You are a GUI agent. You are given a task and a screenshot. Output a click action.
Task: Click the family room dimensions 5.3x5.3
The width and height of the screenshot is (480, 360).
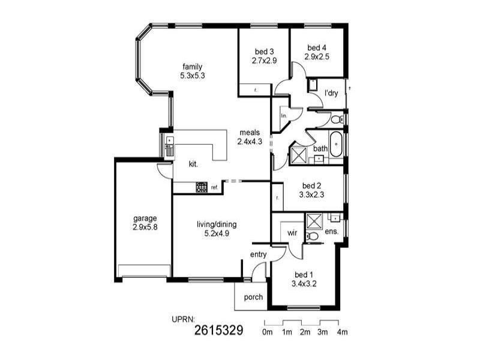pos(193,76)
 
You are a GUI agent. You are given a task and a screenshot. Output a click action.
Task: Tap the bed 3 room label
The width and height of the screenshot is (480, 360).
pos(263,51)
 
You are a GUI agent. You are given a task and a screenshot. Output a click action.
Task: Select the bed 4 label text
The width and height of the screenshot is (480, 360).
pos(317,47)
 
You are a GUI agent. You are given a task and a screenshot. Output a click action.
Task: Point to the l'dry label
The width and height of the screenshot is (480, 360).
pos(331,93)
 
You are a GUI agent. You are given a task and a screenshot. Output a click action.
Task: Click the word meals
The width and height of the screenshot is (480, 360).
pos(250,133)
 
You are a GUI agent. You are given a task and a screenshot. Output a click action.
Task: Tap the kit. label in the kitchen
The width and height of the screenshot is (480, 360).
pos(193,163)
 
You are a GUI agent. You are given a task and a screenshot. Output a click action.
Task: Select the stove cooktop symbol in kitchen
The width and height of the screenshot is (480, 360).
pos(201,188)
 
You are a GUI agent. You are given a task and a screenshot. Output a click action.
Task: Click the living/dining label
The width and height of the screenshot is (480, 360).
pos(217,224)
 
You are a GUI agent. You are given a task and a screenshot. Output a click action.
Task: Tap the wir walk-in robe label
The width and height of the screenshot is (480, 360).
pos(292,232)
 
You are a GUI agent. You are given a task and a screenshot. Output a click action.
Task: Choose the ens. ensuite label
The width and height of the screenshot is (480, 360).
pos(331,231)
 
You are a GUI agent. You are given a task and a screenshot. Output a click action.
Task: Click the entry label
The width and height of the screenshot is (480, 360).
pos(258,254)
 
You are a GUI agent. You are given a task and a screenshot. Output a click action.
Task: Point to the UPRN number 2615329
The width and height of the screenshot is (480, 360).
pos(219,331)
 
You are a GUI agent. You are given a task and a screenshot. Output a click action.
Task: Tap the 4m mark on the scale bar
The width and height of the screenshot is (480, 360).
pos(343,332)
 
